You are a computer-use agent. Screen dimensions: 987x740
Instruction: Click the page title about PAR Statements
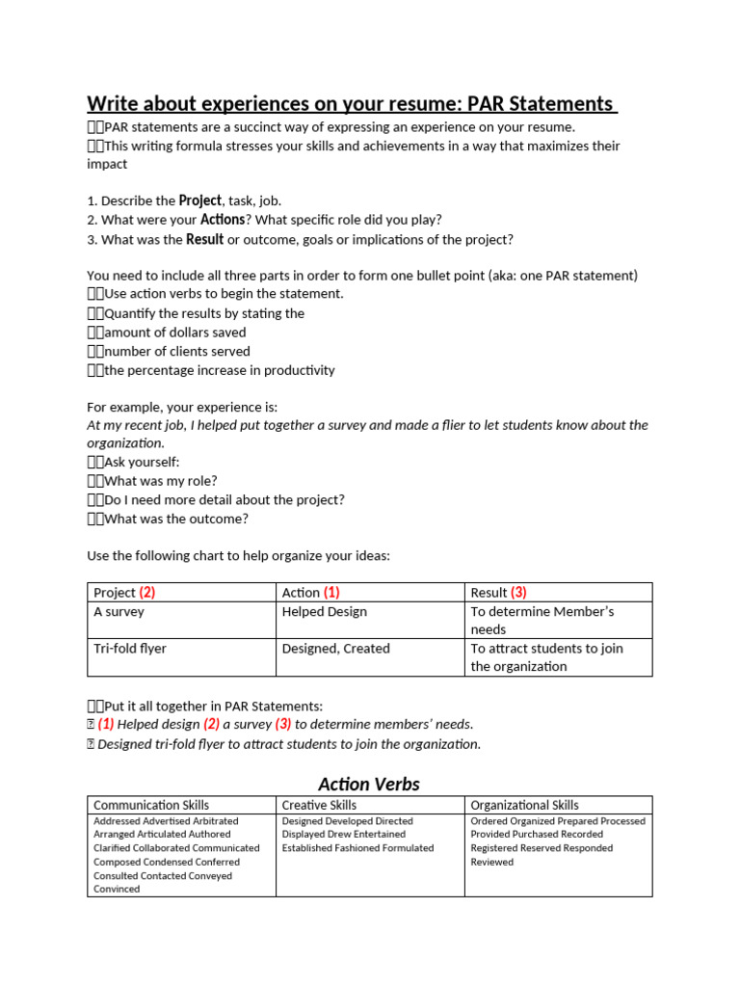click(352, 103)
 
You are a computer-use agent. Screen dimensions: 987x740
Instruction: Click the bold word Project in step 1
click(200, 200)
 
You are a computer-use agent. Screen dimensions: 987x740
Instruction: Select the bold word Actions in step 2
click(223, 220)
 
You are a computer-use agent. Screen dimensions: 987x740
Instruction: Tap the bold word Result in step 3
click(204, 239)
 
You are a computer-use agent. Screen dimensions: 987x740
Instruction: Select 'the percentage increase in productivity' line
click(219, 370)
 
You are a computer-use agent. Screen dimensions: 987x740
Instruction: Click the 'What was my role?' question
click(160, 481)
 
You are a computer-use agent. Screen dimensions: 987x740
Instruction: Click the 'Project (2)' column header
click(124, 592)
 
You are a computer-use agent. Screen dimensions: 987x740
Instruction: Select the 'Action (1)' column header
click(310, 592)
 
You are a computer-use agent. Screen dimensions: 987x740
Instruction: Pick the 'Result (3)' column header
click(498, 592)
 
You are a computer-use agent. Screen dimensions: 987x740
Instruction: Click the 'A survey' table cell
click(119, 611)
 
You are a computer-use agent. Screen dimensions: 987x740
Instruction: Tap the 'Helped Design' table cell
click(324, 611)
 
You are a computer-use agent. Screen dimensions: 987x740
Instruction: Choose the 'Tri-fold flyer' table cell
click(130, 649)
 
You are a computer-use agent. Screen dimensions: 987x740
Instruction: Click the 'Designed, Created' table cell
click(335, 649)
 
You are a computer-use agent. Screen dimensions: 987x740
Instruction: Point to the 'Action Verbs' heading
click(369, 784)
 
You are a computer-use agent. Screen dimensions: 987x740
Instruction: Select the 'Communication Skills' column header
click(151, 805)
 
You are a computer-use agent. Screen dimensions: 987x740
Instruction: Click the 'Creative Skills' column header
click(319, 805)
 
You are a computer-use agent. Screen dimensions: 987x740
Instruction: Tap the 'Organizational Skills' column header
click(524, 805)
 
